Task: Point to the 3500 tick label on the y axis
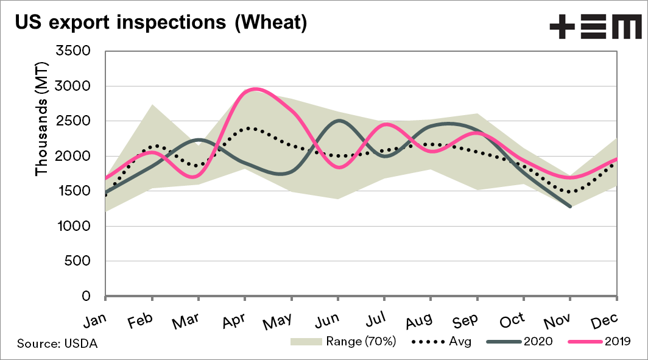point(72,51)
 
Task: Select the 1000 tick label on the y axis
point(72,227)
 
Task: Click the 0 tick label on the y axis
point(86,297)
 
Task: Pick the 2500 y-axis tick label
point(72,121)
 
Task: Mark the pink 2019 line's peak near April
point(255,89)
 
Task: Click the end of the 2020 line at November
point(570,206)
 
